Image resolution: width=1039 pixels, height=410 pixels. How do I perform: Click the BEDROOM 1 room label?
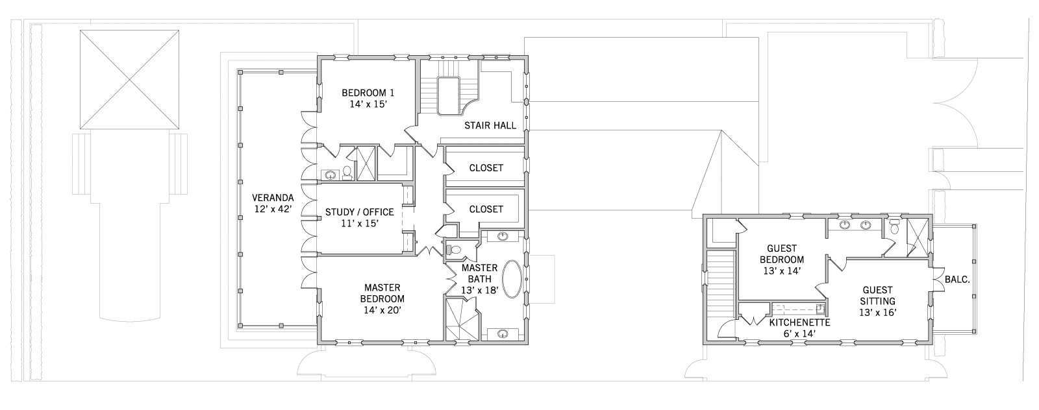368,93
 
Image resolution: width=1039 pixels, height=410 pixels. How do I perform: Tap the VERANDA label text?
273,197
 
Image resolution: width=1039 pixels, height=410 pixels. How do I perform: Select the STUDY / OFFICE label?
360,212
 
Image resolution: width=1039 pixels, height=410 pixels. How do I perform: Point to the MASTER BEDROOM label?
382,293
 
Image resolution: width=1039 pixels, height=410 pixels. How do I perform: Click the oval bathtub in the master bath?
512,280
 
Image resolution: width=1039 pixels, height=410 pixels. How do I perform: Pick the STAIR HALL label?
490,126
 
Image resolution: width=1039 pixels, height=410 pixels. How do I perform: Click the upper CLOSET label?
486,168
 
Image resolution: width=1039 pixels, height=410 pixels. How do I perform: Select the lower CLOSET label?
486,210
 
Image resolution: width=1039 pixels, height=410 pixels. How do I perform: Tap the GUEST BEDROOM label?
782,254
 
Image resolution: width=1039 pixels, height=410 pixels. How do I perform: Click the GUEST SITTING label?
877,296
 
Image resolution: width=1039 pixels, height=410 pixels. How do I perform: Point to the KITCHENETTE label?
799,322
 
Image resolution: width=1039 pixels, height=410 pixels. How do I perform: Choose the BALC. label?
957,280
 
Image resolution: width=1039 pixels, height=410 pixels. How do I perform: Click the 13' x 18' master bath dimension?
480,291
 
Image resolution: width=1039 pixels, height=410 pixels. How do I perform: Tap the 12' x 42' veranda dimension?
273,209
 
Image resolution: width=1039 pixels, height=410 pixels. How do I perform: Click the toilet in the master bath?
454,250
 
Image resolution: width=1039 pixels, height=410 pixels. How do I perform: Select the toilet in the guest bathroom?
895,228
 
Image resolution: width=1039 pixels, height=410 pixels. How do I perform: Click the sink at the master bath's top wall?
503,237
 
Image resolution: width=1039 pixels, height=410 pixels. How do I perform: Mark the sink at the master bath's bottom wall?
503,333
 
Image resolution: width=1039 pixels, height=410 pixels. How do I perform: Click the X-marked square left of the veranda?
129,80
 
